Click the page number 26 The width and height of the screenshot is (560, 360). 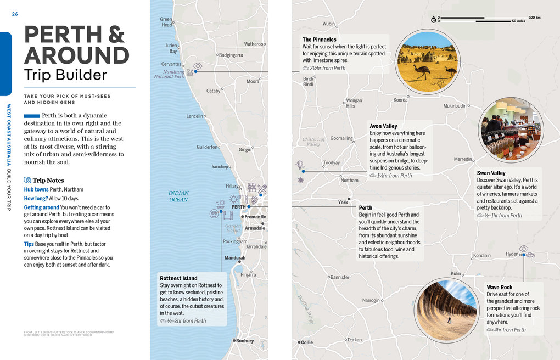15,14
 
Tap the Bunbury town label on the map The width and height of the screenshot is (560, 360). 244,341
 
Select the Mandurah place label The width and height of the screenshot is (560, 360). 235,257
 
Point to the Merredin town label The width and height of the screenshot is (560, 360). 463,159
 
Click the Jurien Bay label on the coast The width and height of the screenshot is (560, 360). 171,48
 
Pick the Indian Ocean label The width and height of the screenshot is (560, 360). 178,196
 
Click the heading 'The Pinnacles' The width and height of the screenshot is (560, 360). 319,40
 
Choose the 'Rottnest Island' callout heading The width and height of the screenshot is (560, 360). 178,278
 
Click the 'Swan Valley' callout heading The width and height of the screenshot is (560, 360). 491,173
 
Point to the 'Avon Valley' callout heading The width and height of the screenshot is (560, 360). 383,126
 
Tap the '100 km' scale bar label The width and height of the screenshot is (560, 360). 534,18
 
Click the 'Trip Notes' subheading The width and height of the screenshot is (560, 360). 48,181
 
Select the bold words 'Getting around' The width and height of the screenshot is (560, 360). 41,207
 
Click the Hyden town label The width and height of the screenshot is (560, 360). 512,254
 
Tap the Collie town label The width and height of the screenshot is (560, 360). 306,342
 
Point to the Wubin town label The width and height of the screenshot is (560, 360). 328,24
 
